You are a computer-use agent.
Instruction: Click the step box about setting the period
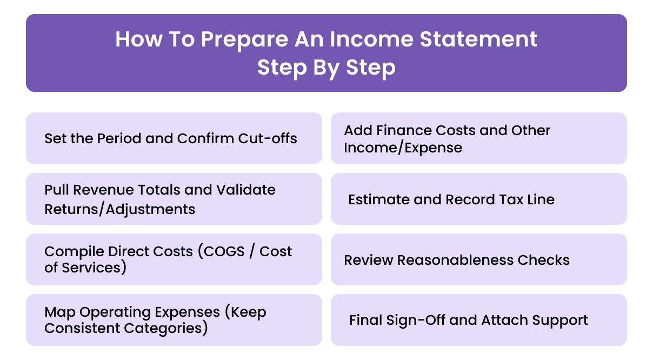(174, 138)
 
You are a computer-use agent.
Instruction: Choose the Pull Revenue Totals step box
(174, 199)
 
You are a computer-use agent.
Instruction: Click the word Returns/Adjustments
(119, 209)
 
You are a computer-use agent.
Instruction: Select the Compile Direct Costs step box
(174, 259)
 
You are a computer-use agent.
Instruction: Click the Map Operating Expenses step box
(174, 320)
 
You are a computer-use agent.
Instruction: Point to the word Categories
(163, 328)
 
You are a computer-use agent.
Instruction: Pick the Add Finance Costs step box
(478, 138)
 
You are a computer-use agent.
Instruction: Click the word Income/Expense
(403, 148)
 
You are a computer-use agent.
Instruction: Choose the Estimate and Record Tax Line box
(478, 199)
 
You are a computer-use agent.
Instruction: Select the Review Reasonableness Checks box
(478, 259)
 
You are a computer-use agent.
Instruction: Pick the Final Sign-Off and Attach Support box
(478, 320)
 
